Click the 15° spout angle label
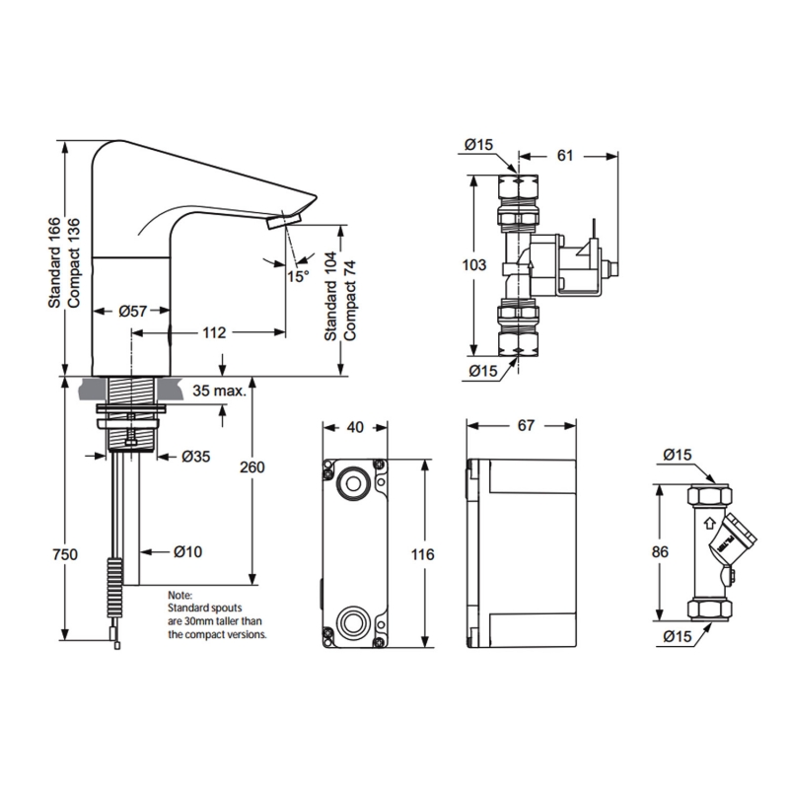pos(299,276)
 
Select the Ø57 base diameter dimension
pos(132,311)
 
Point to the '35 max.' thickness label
pos(219,391)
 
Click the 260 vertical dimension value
pos(252,467)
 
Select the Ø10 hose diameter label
pos(187,552)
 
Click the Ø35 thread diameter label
pos(196,456)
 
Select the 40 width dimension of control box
pos(355,427)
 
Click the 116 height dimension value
pos(422,554)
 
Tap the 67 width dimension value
pos(525,425)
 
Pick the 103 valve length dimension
pos(473,264)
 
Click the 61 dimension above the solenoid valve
pos(566,156)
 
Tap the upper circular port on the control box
pos(352,483)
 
